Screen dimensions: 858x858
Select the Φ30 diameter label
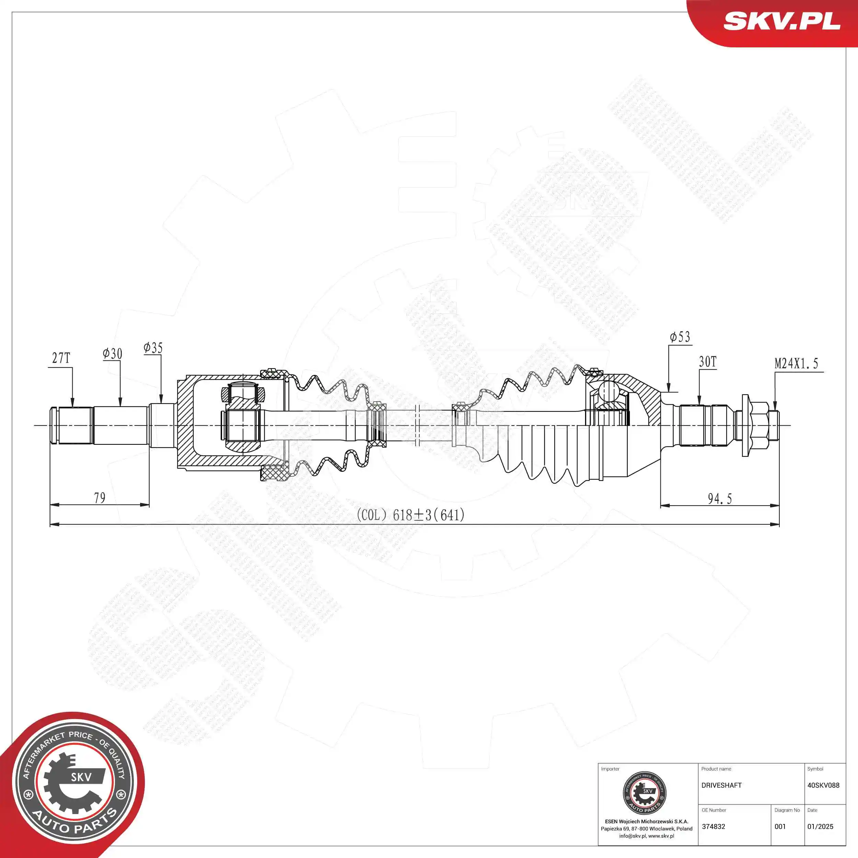112,353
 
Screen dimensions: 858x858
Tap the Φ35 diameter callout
153,348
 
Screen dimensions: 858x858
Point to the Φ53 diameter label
680,337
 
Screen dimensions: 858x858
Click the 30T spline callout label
707,362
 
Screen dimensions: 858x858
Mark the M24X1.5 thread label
796,364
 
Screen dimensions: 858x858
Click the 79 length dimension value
100,498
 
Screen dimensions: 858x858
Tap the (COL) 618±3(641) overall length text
411,515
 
